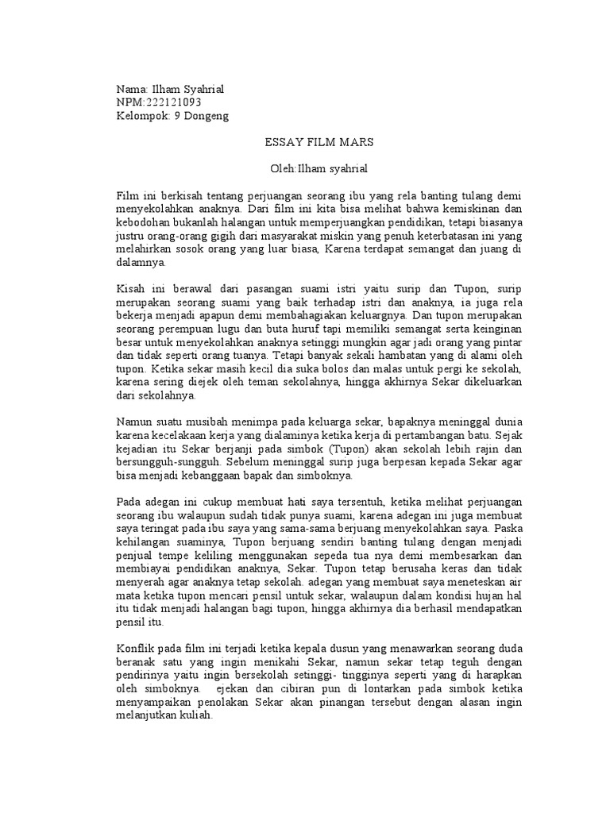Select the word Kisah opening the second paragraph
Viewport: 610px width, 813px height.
click(x=131, y=288)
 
